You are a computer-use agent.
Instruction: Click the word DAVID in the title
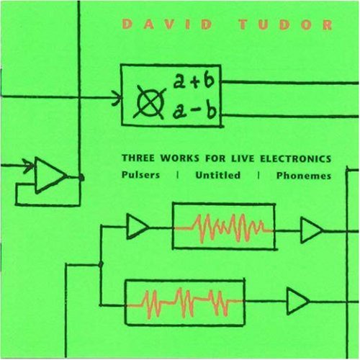coord(168,24)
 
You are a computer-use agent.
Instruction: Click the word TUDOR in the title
coord(286,25)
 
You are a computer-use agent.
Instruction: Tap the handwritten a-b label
coord(194,112)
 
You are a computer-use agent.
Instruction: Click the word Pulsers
coord(140,175)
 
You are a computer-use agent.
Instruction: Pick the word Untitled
coord(218,175)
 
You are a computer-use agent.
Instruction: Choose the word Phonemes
coord(304,176)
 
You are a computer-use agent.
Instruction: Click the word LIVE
coord(242,158)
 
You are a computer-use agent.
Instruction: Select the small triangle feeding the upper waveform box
coord(137,227)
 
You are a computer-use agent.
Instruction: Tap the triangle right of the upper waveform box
coord(312,230)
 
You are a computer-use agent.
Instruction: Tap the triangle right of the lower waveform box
coord(297,301)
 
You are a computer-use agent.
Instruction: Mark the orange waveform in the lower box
coord(185,303)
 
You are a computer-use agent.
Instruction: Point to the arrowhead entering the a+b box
coord(117,98)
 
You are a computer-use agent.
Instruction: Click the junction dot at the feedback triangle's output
coord(81,178)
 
